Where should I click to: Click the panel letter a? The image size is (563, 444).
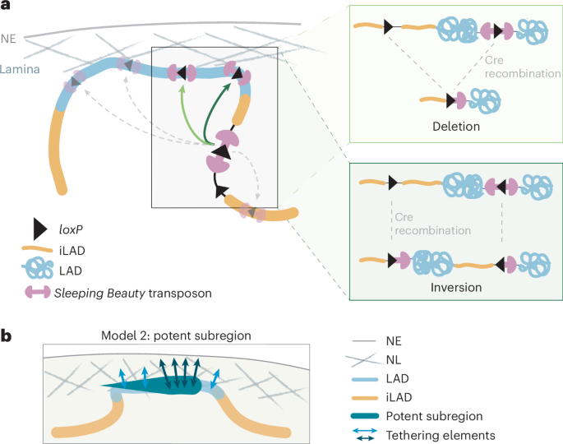coord(7,7)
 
